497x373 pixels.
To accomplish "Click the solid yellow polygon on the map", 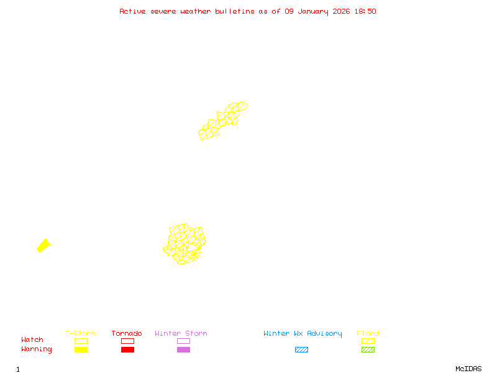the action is pos(43,246).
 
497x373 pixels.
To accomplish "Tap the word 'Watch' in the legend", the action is pos(32,340).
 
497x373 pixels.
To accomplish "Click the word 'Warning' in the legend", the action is pos(37,349).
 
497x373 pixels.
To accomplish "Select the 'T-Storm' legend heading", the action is pos(80,334).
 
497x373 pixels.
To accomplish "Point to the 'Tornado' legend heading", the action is pos(127,334).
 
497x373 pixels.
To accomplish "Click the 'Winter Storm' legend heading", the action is pos(181,334).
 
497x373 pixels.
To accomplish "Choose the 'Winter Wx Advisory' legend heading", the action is pos(303,334).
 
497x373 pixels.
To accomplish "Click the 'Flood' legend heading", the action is pos(368,334).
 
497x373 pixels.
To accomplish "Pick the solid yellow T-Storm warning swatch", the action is pos(81,350).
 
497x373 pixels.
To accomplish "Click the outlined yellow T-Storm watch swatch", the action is pos(81,341).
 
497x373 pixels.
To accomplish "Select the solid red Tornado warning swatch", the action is pos(127,350).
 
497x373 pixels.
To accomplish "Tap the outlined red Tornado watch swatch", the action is pos(127,341).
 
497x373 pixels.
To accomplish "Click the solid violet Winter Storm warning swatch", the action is pos(183,350).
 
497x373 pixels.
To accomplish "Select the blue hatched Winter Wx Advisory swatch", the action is pos(301,350).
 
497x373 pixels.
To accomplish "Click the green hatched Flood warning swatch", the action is pos(368,350).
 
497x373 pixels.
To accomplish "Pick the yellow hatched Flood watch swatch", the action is pos(368,341).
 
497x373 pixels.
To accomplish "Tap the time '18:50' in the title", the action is pos(365,11).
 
